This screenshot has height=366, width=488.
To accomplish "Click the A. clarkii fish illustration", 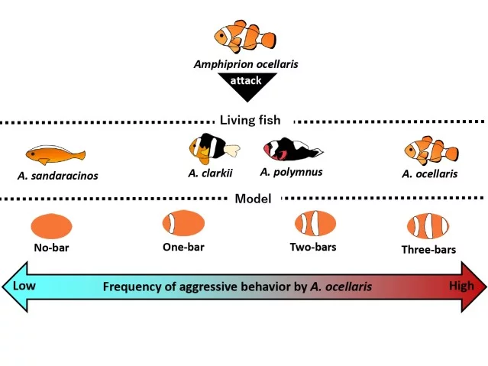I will coord(212,148).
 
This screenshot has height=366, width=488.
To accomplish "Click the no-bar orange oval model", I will coord(51,226).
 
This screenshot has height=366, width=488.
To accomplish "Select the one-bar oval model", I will coord(183,224).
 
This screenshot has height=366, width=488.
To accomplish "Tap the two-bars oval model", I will coord(315,224).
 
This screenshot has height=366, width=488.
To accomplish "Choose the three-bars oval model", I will coord(428,227).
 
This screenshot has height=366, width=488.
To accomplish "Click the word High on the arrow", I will coord(462,286).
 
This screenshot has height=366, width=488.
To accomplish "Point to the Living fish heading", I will coord(250,120).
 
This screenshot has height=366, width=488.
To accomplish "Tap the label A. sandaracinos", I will coord(57,176).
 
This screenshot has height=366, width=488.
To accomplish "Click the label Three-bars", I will coord(428,250).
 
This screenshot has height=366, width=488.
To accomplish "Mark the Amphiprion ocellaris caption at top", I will coord(245,64).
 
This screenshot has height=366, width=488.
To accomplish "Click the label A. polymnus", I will coord(291,172).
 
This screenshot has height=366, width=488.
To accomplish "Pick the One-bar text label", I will coord(183,247).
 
